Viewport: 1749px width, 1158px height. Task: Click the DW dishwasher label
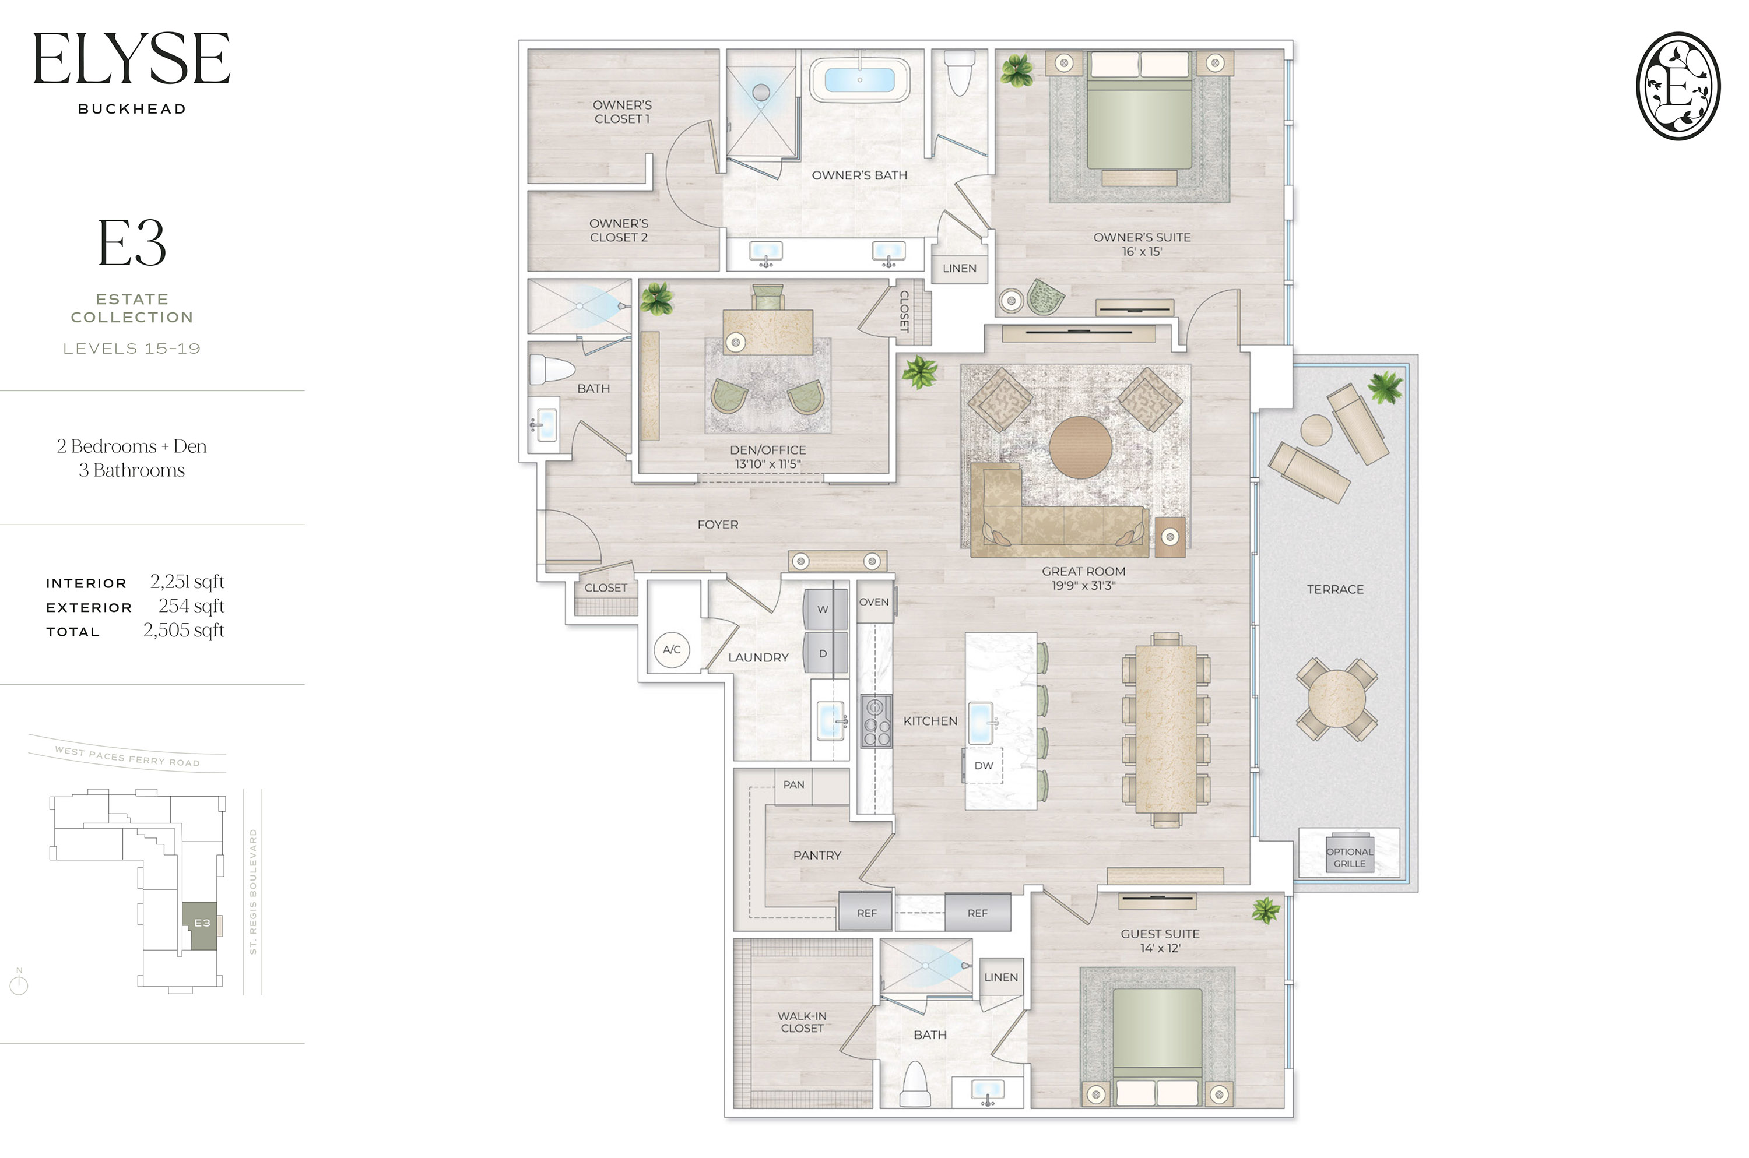click(x=983, y=766)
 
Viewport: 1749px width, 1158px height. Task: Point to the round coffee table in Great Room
click(x=1080, y=448)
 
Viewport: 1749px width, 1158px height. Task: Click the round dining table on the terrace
click(x=1336, y=699)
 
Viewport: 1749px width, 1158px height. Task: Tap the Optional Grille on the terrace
click(x=1350, y=857)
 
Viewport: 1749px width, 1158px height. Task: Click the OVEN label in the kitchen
click(x=874, y=602)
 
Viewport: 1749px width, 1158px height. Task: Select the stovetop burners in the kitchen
click(x=876, y=721)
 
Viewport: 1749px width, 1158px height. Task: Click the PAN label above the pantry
click(x=793, y=784)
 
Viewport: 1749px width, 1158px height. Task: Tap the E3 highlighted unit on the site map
click(x=201, y=924)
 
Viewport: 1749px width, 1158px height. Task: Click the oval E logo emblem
click(x=1678, y=86)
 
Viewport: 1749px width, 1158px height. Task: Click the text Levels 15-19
click(x=132, y=349)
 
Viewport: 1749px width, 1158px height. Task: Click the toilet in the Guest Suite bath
click(x=915, y=1083)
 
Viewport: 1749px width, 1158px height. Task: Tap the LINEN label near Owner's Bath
click(x=958, y=268)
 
